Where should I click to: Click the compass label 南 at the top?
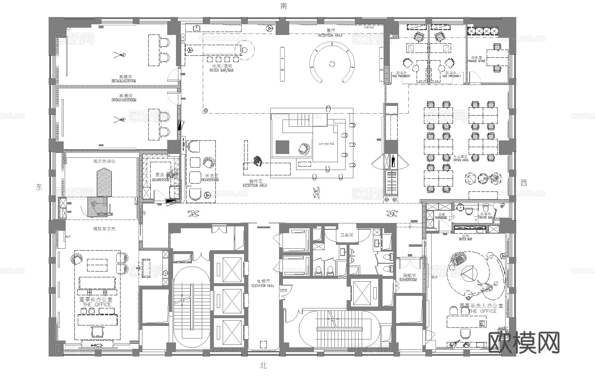[283, 6]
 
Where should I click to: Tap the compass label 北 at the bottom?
[263, 366]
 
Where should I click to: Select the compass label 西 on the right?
[524, 183]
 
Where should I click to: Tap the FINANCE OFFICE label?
[477, 62]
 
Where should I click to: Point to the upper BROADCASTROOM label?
[123, 81]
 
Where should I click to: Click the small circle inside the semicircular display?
[332, 63]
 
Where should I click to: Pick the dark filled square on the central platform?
[282, 147]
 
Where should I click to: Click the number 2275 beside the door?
[283, 290]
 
